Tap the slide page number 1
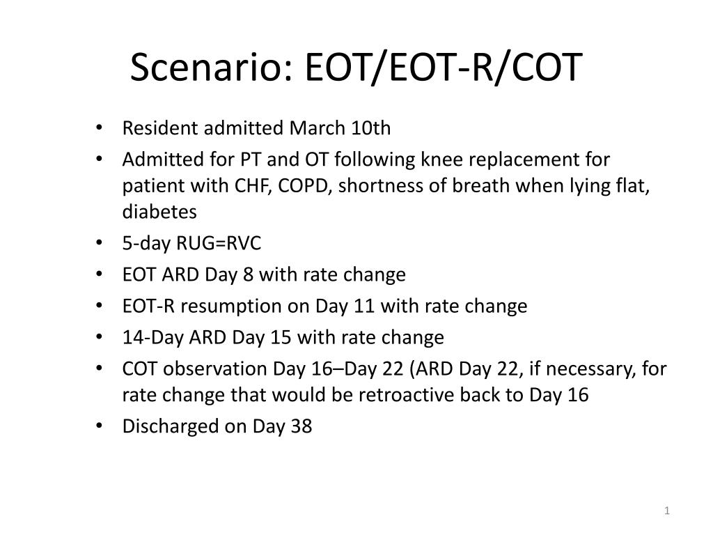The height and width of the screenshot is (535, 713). pos(666,512)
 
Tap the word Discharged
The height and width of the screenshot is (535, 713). pos(171,426)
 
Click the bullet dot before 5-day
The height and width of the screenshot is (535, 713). pos(102,244)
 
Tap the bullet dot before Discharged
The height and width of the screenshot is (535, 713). pos(102,426)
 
